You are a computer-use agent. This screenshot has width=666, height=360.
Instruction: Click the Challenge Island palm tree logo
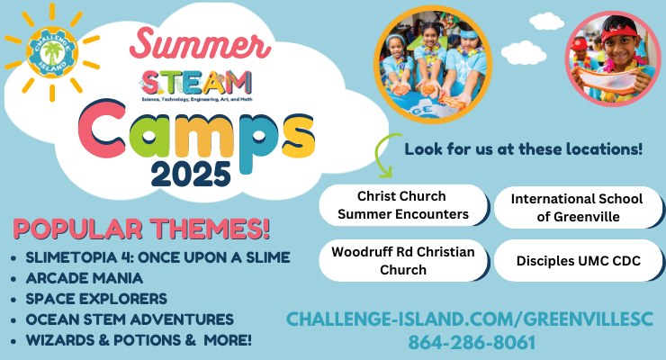click(x=52, y=52)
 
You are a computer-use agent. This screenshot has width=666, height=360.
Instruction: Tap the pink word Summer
click(x=200, y=44)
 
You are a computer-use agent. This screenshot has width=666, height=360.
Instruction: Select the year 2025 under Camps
click(x=191, y=174)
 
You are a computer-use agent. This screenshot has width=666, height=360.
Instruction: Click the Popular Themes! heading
click(x=141, y=229)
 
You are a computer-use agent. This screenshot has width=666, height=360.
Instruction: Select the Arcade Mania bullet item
click(x=85, y=278)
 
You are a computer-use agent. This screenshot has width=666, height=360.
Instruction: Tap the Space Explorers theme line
click(x=96, y=299)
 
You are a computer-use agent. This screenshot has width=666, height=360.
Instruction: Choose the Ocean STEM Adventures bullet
click(x=130, y=319)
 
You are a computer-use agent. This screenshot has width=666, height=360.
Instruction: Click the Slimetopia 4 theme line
click(x=157, y=257)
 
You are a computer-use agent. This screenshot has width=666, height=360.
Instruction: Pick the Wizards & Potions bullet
click(x=139, y=340)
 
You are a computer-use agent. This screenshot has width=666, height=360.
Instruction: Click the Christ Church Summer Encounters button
click(x=403, y=205)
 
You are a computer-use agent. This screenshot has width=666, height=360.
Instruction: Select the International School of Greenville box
click(x=578, y=208)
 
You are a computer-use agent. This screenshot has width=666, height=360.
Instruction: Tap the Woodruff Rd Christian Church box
click(x=403, y=261)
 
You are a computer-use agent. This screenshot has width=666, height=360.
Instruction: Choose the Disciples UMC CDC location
click(x=578, y=261)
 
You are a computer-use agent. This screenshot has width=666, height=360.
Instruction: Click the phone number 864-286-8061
click(x=472, y=343)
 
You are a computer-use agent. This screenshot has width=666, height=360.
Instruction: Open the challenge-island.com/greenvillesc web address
click(x=469, y=319)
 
